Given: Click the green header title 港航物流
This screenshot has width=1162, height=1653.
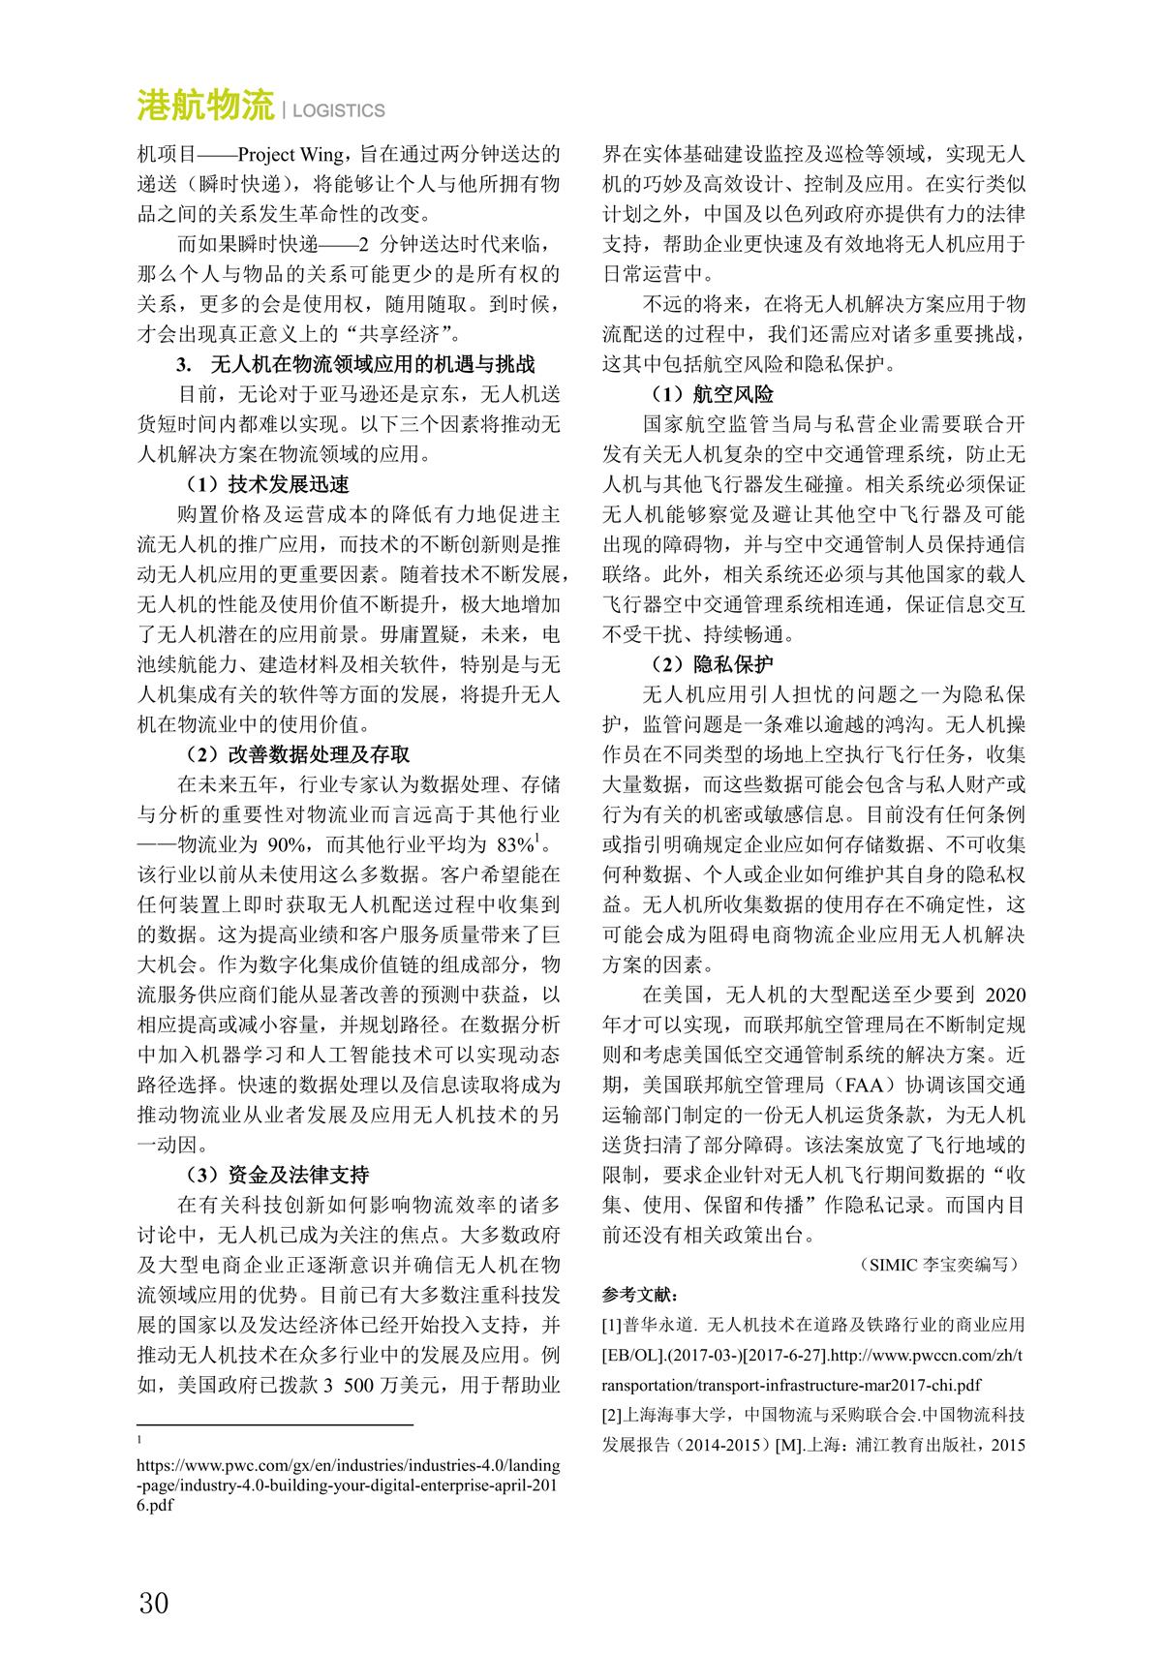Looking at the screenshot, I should pos(205,106).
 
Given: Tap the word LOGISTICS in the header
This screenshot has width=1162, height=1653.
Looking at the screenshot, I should pos(338,110).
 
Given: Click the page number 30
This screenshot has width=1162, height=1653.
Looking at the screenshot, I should pos(153,1604).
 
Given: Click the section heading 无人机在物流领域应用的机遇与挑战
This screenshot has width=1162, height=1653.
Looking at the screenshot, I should pos(372,365).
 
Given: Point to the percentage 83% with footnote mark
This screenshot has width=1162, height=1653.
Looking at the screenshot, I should pos(514,844).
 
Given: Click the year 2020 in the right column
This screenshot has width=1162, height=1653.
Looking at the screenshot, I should pos(1005,995).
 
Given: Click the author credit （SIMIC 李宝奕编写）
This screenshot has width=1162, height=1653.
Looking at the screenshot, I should pos(938,1265).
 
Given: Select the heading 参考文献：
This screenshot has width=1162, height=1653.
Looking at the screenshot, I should pos(640,1295).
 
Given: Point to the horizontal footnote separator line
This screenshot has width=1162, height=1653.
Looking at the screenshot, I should pos(275,1424).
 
